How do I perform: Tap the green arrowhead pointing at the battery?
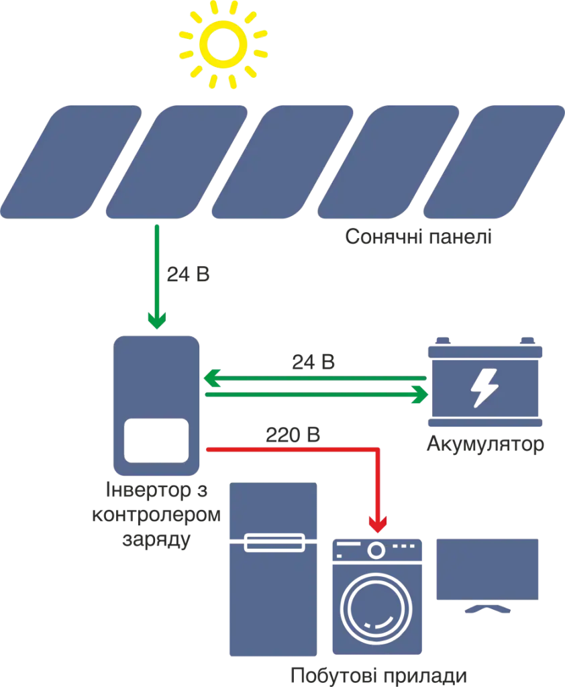pyautogui.click(x=420, y=396)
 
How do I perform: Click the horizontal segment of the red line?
pyautogui.click(x=289, y=449)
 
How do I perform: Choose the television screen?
pyautogui.click(x=488, y=569)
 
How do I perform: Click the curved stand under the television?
pyautogui.click(x=488, y=610)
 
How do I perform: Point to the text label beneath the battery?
pyautogui.click(x=486, y=444)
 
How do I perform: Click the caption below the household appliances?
pyautogui.click(x=376, y=676)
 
